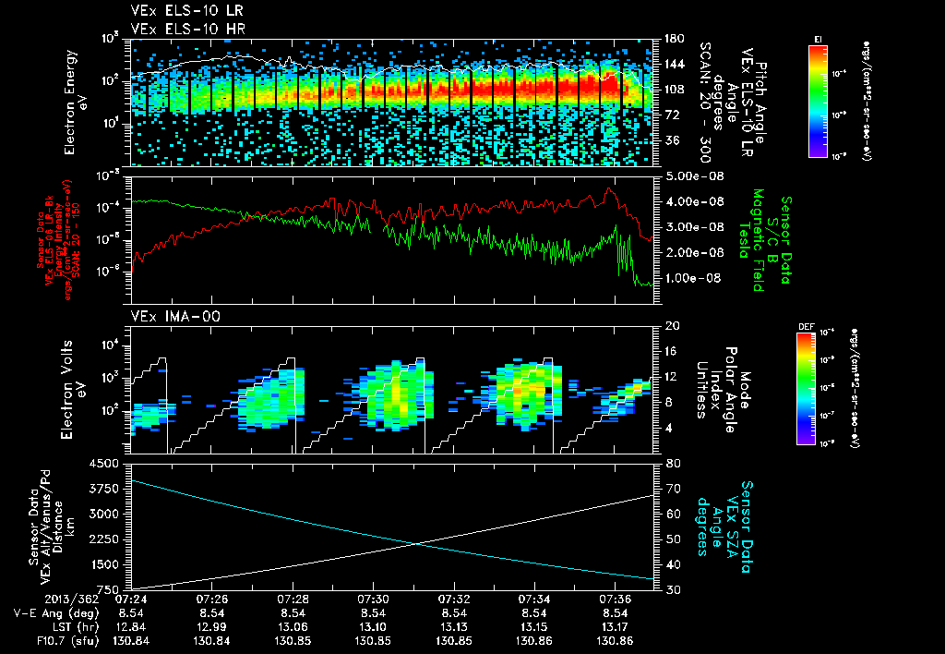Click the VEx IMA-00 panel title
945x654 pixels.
pos(169,317)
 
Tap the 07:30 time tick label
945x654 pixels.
pos(372,599)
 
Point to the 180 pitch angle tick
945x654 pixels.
pos(672,39)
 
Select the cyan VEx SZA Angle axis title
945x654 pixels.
pos(726,519)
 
